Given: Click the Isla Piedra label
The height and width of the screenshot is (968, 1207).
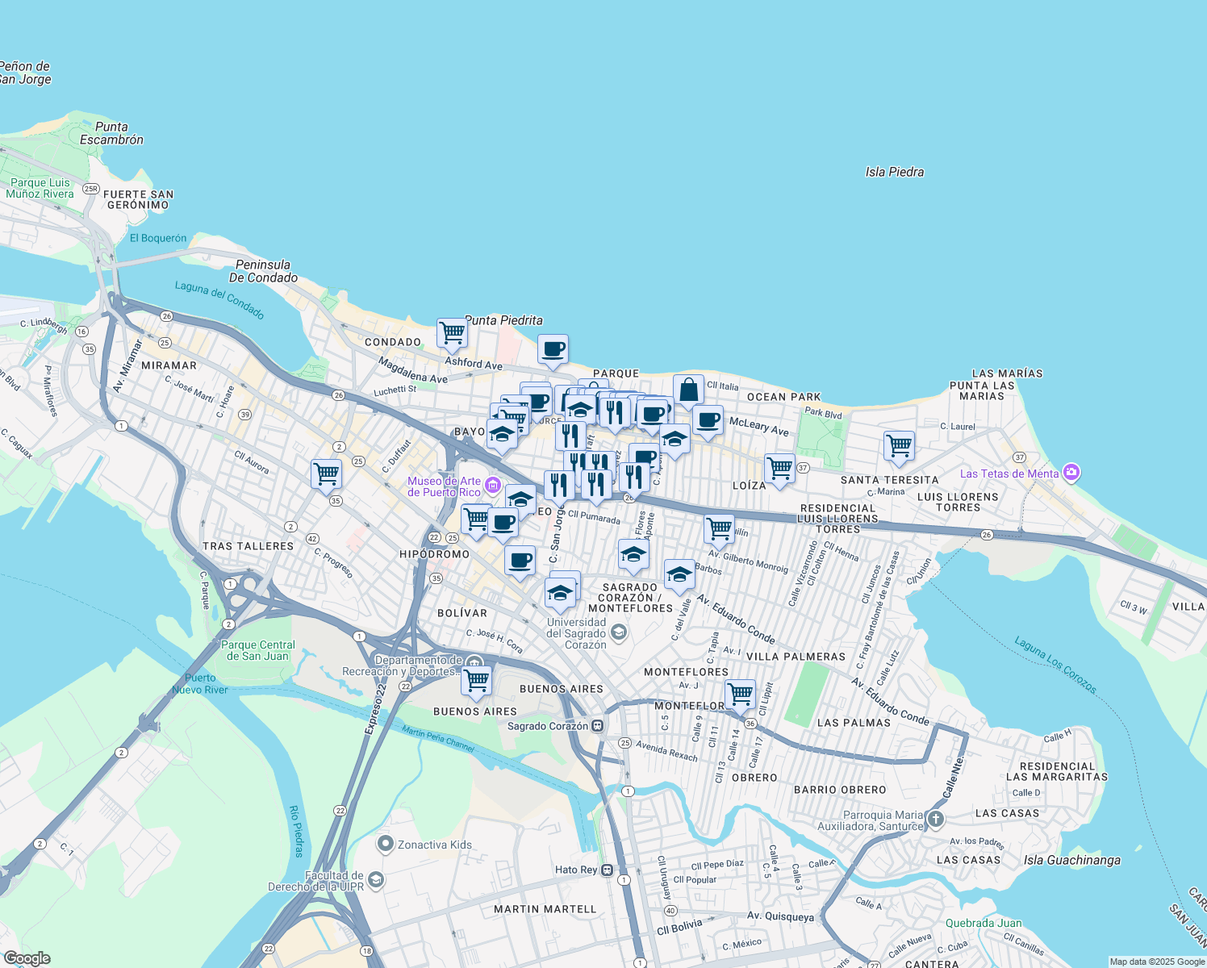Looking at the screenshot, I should pyautogui.click(x=894, y=172).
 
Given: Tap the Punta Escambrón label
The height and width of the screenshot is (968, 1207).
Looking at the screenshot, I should pyautogui.click(x=111, y=133).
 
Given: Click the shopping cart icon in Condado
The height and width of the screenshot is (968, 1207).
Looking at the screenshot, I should pyautogui.click(x=452, y=332).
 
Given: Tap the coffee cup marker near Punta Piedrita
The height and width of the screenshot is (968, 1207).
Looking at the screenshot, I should pyautogui.click(x=553, y=349).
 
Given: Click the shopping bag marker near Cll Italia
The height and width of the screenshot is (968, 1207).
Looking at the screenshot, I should pyautogui.click(x=688, y=390).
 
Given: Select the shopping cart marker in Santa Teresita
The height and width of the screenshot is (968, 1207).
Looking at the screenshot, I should pyautogui.click(x=898, y=444).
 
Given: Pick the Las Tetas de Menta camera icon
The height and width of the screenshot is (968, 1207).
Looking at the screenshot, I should pyautogui.click(x=1071, y=473).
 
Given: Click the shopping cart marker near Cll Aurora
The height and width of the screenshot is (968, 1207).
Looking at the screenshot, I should pyautogui.click(x=326, y=474).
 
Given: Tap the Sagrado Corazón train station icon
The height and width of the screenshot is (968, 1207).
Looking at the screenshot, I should pyautogui.click(x=597, y=726).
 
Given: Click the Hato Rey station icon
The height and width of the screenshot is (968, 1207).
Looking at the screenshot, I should pyautogui.click(x=606, y=870).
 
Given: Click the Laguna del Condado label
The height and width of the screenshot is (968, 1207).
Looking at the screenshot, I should pyautogui.click(x=219, y=300).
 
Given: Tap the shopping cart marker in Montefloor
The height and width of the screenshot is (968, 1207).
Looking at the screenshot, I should pyautogui.click(x=739, y=694).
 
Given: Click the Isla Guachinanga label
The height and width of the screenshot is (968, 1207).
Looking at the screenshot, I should pyautogui.click(x=1071, y=860).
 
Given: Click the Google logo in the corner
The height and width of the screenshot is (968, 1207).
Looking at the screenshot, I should pyautogui.click(x=27, y=958).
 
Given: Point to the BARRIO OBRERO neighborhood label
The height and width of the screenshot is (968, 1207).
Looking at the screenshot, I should pyautogui.click(x=840, y=790).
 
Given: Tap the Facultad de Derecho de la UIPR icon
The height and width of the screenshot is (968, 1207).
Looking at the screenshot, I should pyautogui.click(x=375, y=881).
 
